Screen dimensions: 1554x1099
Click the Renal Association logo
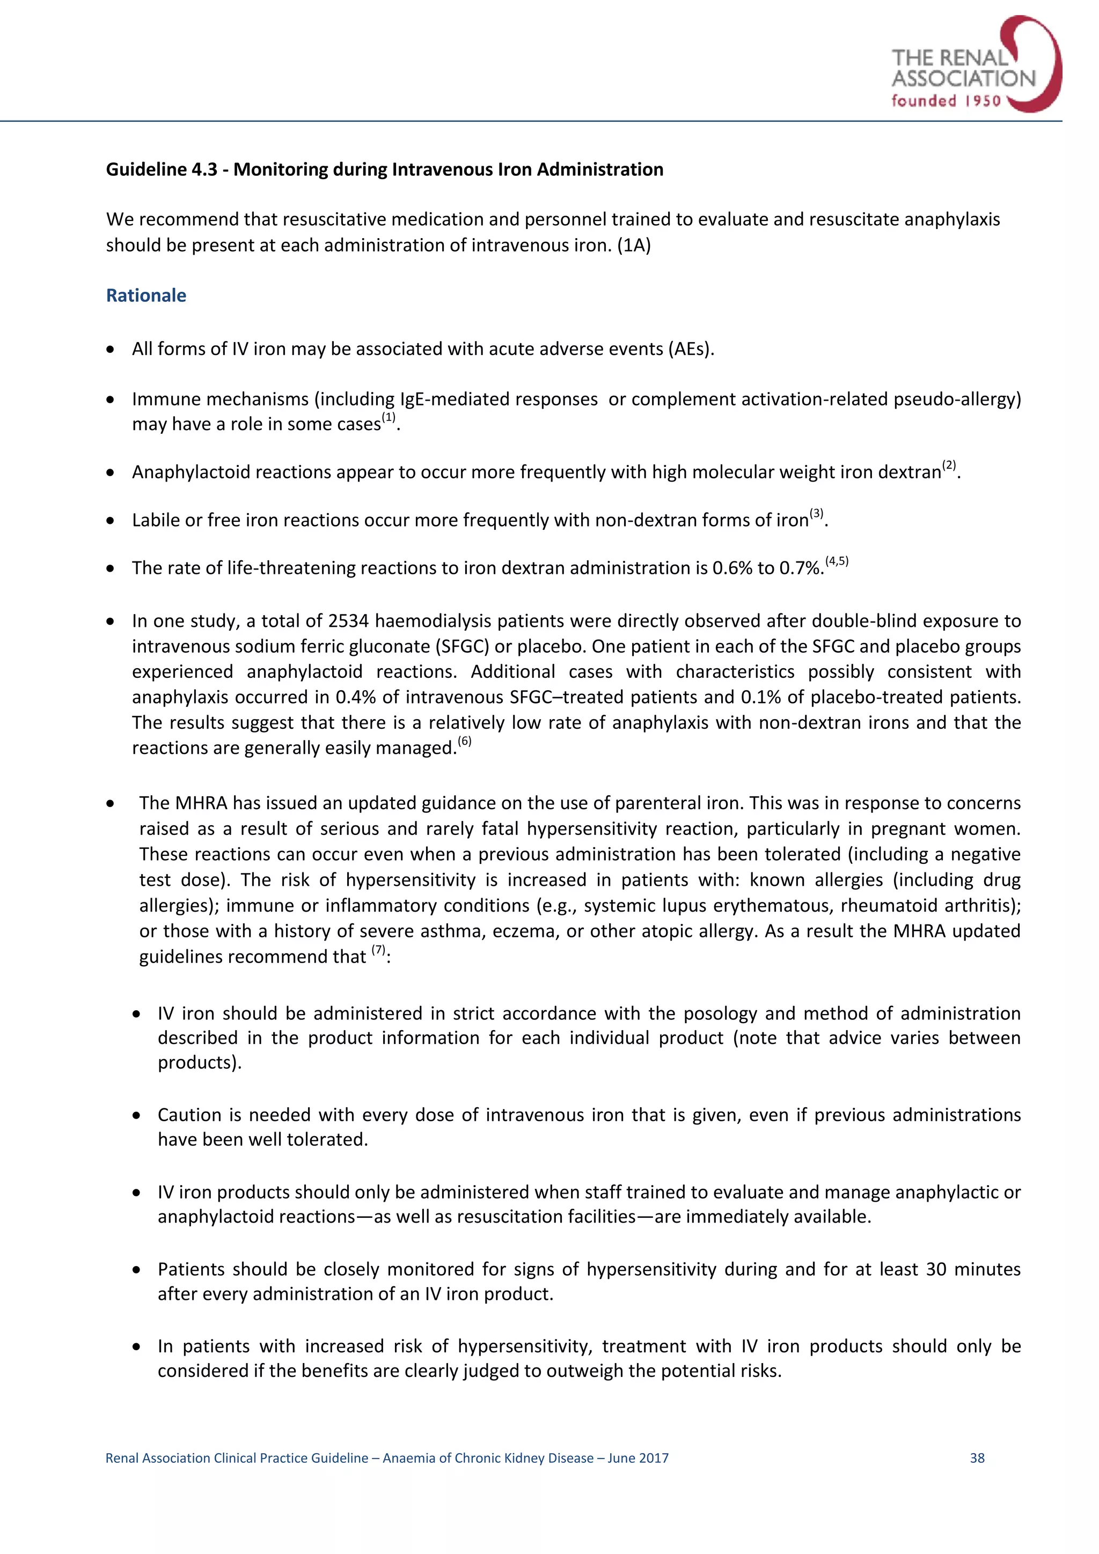[975, 65]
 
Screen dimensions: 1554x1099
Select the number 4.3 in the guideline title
[203, 169]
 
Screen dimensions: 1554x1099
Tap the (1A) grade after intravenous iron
[634, 245]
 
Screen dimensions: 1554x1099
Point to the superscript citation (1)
[389, 418]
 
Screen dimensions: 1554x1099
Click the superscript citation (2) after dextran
[949, 465]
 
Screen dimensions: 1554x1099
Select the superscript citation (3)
[817, 513]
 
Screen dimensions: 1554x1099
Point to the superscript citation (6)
[465, 741]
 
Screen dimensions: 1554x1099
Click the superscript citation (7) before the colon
[378, 950]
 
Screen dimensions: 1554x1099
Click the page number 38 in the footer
[977, 1458]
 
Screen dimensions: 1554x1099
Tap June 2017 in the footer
[638, 1458]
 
